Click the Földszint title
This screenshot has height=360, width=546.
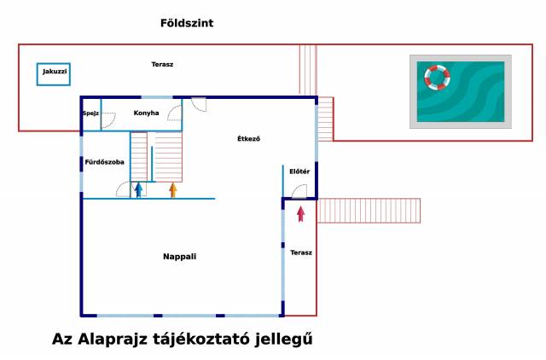[187, 23]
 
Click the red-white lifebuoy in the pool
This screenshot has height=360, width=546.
[437, 78]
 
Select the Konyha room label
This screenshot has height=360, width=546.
[146, 113]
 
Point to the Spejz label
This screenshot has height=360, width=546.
[90, 113]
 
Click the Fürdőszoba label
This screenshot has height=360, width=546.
[104, 162]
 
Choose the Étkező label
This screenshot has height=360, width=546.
[248, 138]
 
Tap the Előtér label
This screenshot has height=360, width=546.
[299, 171]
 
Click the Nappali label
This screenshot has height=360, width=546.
[180, 257]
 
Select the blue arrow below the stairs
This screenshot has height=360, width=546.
[139, 190]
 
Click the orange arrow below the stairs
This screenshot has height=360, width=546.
[173, 190]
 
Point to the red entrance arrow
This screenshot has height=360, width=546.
[301, 214]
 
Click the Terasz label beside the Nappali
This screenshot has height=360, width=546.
[301, 253]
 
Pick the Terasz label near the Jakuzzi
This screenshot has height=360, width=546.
[162, 65]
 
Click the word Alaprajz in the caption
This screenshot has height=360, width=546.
[113, 340]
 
